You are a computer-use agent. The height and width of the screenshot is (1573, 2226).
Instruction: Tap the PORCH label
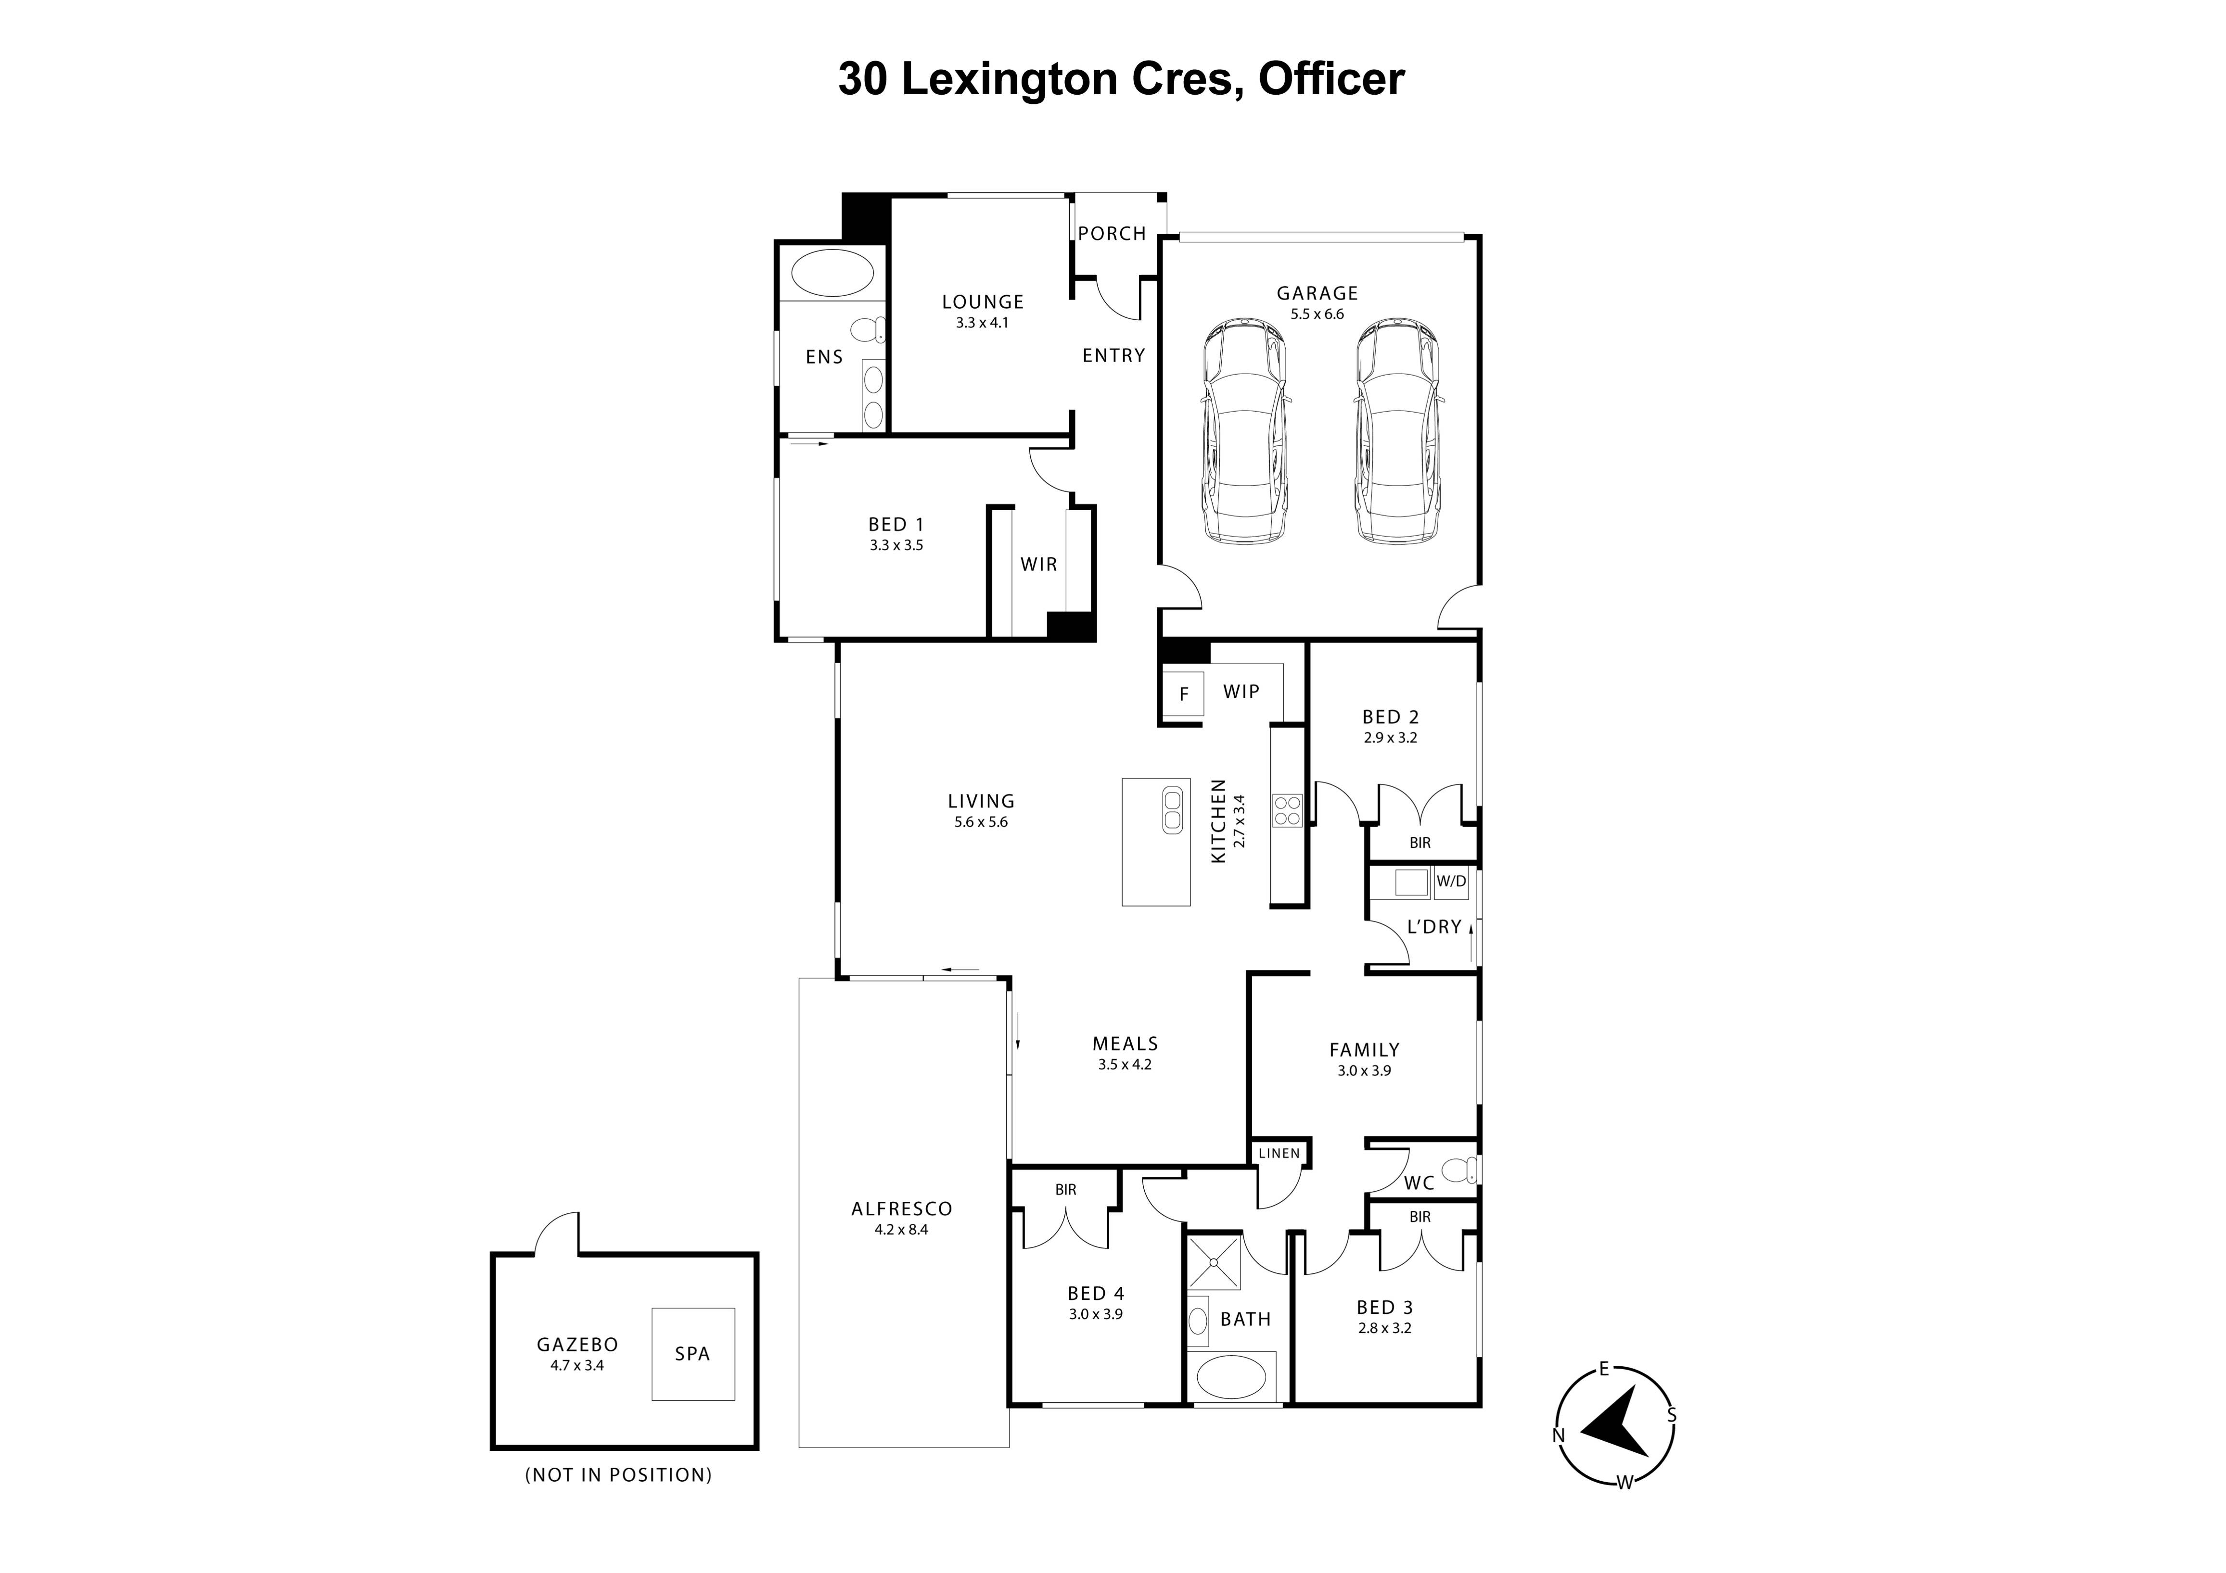point(1112,234)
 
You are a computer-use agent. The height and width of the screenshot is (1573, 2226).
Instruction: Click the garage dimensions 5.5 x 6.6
point(1317,314)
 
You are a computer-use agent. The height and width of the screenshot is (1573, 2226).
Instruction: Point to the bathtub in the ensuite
point(832,272)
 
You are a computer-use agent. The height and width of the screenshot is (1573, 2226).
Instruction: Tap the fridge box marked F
point(1183,694)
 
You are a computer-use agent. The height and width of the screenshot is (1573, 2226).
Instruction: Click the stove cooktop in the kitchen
point(1287,810)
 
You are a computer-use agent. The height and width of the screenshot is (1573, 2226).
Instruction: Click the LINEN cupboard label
point(1279,1153)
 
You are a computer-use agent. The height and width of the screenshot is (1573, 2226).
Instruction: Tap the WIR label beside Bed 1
point(1038,564)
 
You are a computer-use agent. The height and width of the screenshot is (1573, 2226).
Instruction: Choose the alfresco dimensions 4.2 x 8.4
point(902,1230)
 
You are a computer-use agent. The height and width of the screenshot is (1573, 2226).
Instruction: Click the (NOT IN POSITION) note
point(618,1475)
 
